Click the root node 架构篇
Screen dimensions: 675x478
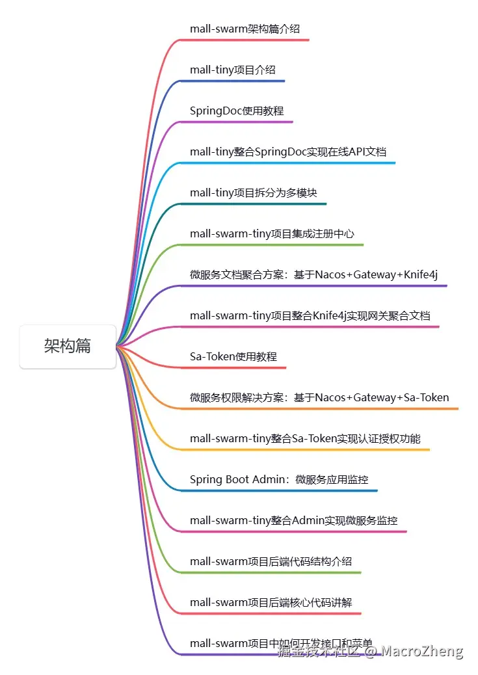coord(68,347)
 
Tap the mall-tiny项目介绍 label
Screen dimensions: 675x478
coord(228,70)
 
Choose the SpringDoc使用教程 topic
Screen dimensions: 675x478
coord(237,111)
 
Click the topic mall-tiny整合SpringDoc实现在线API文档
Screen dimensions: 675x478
coord(288,152)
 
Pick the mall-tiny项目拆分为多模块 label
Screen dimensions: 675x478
coord(254,192)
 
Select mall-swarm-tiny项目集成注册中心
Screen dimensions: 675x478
coord(272,233)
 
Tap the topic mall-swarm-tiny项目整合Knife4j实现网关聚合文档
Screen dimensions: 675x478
coord(310,315)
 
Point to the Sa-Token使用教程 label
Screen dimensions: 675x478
coord(233,356)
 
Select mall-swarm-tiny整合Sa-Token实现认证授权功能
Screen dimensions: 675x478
coord(305,438)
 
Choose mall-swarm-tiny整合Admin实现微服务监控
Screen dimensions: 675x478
coord(293,520)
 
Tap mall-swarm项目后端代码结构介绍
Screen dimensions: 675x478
coord(271,561)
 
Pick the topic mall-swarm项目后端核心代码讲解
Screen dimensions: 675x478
coord(271,602)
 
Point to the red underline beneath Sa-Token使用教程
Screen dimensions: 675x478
coord(234,367)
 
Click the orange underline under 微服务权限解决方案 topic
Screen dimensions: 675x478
coord(325,408)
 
